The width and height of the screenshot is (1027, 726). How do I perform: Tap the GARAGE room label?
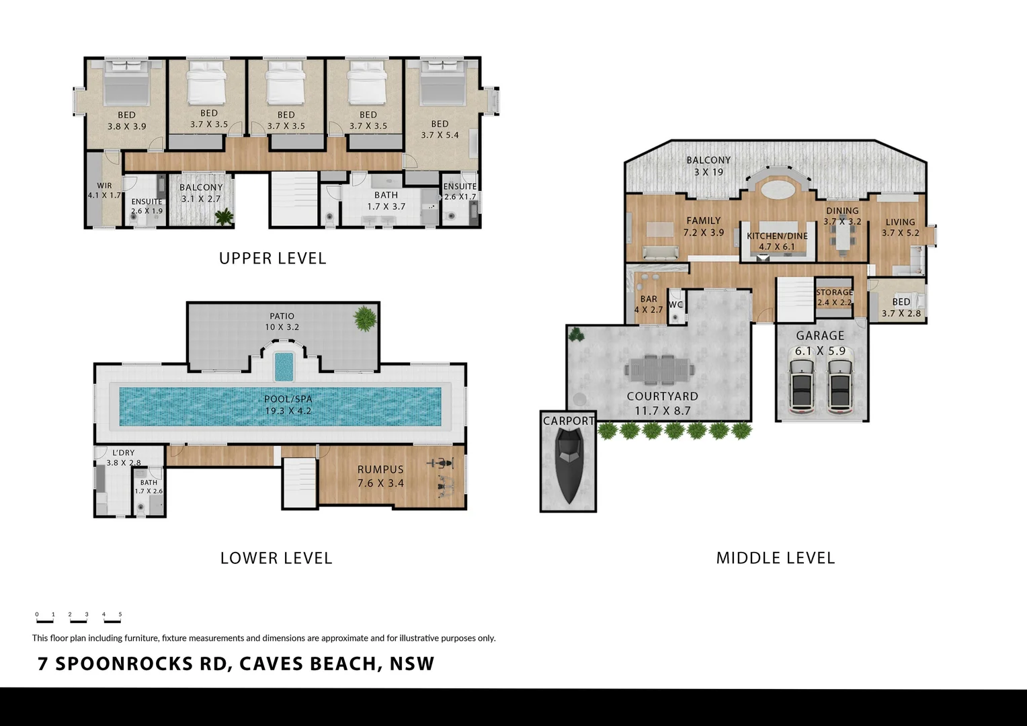coord(820,335)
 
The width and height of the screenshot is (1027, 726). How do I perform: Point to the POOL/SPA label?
coord(288,399)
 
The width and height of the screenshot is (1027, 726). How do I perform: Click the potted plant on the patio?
coord(365,318)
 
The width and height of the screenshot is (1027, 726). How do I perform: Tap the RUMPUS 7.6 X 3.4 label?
coord(380,476)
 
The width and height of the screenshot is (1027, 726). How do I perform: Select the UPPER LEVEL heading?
coord(272,259)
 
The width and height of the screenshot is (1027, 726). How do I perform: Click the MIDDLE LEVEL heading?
coord(775,558)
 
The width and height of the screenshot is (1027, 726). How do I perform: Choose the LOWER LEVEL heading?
coord(276,558)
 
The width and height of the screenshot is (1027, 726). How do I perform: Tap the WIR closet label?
coord(104,186)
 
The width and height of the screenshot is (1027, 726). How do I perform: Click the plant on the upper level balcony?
coord(224,216)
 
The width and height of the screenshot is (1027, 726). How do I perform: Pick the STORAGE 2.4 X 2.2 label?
coord(834,297)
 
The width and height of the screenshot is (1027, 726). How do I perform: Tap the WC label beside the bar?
coord(675,305)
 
